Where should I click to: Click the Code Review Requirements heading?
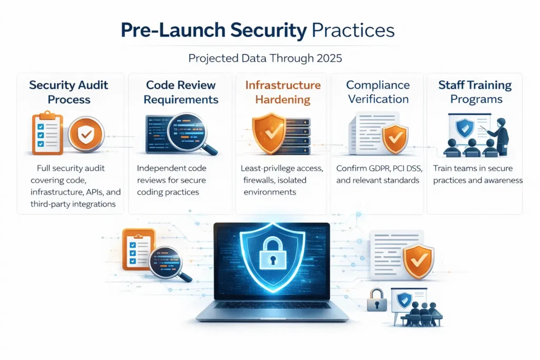click(181, 92)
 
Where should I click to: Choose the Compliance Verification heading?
click(378, 92)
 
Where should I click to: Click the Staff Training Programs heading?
click(475, 92)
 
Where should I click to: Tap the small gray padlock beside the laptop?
click(377, 301)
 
